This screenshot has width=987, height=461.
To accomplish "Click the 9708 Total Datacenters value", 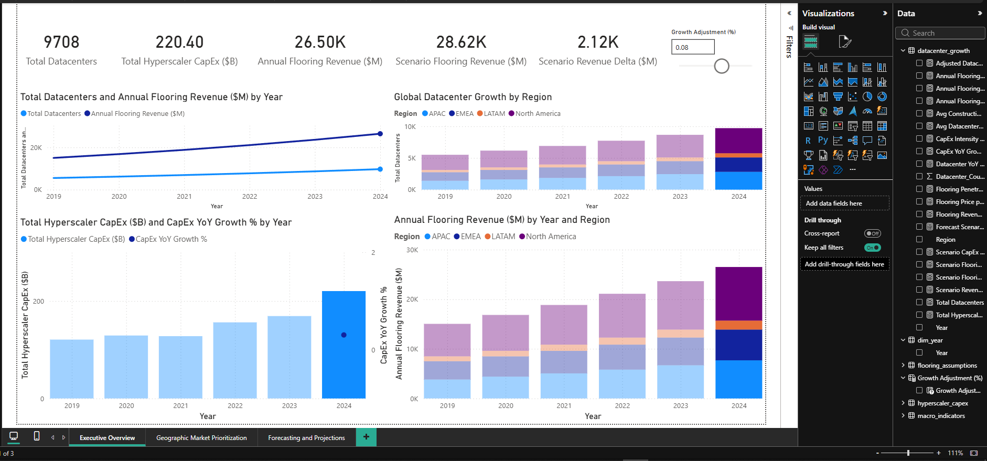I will [x=61, y=42].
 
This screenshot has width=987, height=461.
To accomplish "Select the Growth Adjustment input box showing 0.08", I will [x=692, y=47].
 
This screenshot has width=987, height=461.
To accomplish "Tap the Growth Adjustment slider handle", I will [x=722, y=66].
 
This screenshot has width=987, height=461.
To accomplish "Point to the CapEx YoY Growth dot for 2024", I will [x=344, y=335].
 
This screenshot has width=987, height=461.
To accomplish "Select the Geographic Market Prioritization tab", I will [x=201, y=438].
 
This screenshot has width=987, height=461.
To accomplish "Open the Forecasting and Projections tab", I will [x=306, y=438].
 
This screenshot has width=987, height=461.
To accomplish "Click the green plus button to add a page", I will [x=366, y=437].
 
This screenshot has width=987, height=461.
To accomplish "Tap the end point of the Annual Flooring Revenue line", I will [x=380, y=134].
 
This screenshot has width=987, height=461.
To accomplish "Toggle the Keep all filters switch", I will [x=873, y=248].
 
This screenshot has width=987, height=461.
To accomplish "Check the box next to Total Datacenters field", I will [x=919, y=302].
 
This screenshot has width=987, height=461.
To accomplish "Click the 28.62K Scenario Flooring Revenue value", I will [x=461, y=42].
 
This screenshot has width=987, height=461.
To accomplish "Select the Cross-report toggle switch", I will [x=873, y=233].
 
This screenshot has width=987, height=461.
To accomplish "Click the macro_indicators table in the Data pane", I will [x=941, y=416].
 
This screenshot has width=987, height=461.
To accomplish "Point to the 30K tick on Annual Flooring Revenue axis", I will [x=412, y=250].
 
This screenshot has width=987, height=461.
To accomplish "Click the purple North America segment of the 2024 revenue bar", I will [x=738, y=294].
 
